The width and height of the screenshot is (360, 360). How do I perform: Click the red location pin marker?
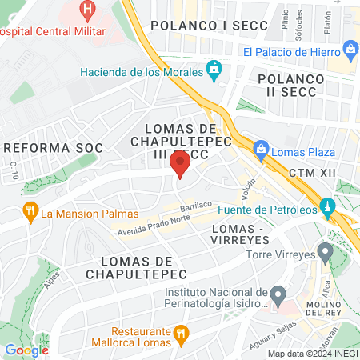point(180,165)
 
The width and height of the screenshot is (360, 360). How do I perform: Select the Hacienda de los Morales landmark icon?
point(214,71)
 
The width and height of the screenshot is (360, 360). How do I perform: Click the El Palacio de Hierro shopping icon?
point(351,51)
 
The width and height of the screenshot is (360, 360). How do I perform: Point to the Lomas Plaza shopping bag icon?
point(260,149)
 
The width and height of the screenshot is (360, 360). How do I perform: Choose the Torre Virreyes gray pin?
point(325,254)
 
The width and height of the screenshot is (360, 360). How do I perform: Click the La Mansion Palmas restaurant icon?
point(30,213)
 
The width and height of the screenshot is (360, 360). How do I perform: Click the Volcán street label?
point(248,190)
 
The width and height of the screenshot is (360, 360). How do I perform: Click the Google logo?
point(27,350)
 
